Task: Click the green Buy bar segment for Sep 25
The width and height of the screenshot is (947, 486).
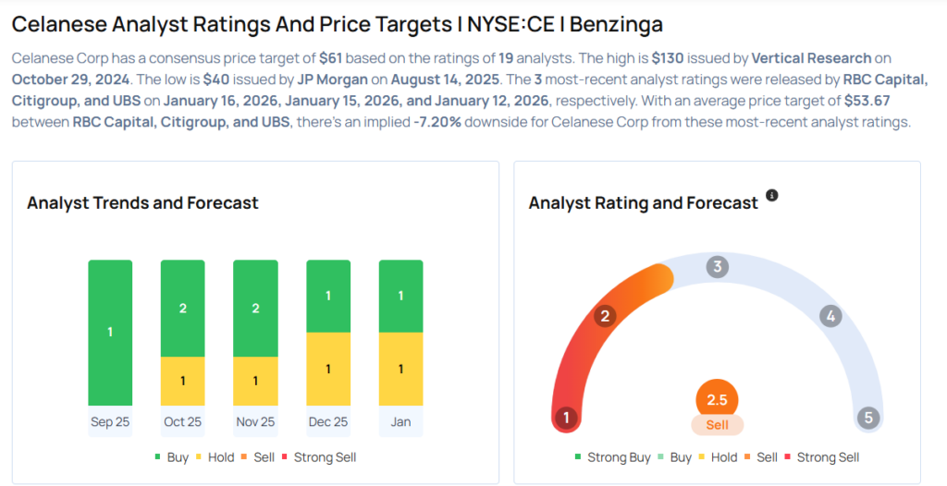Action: coord(110,332)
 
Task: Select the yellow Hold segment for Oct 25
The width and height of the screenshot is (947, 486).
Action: coord(182,381)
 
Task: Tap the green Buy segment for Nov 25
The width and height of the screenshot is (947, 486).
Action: coord(255,308)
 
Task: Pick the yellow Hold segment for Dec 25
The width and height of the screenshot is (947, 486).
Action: coord(328,369)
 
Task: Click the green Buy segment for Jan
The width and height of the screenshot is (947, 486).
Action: coord(400,296)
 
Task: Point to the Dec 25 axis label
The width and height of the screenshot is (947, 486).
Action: coord(328,422)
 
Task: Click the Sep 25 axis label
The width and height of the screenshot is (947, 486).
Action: coord(110,422)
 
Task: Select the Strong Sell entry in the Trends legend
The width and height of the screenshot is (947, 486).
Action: coord(318,457)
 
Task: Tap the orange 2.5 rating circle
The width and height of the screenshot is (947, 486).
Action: coord(717,399)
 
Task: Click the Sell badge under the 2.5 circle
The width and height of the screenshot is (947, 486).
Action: coord(717,426)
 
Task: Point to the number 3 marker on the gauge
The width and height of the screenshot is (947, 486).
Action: coord(717,268)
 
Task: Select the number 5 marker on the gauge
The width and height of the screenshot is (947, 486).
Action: coord(867,418)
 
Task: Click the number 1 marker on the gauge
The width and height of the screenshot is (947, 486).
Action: coord(566,418)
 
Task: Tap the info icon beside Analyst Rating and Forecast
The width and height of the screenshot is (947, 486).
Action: coord(772,195)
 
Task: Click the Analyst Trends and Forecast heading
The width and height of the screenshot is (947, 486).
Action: coord(142,202)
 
